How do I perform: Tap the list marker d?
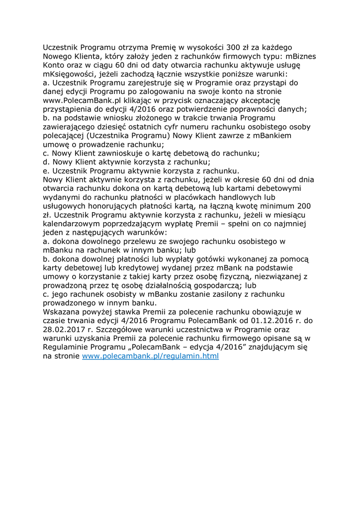[x=46, y=162]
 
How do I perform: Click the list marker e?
[x=46, y=171]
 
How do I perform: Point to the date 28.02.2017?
[x=65, y=330]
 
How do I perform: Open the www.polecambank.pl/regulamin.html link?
[x=150, y=356]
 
